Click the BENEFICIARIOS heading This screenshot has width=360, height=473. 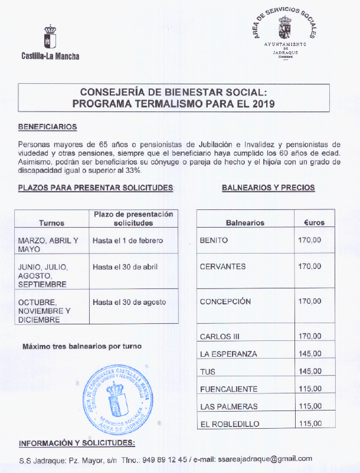47,127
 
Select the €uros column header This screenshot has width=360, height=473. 314,223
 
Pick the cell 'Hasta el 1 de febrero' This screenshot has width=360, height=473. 127,241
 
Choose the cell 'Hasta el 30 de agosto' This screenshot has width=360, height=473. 129,302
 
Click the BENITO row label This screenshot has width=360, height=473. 214,241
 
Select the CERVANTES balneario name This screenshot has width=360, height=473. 222,267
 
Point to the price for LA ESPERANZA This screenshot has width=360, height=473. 310,354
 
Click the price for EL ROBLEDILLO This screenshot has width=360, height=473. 310,423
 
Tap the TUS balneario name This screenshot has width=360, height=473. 207,372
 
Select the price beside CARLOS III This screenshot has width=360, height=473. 310,337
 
